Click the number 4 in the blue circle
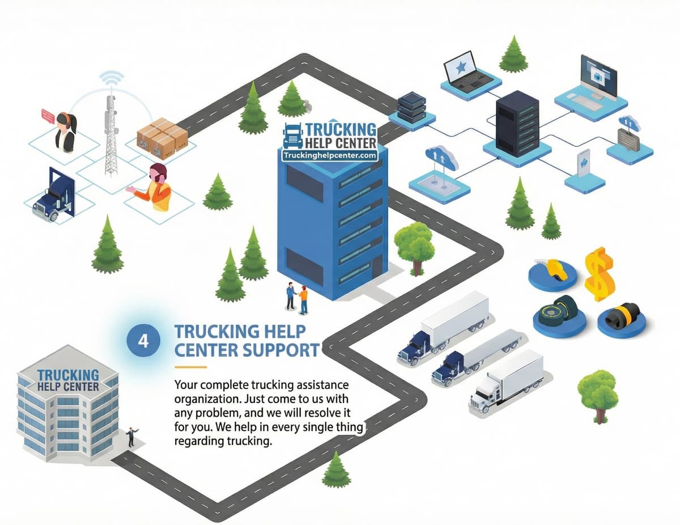click(143, 341)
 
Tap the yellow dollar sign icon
click(598, 274)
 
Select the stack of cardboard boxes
click(161, 138)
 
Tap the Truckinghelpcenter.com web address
click(329, 154)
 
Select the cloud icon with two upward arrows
click(441, 160)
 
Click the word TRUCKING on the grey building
click(67, 375)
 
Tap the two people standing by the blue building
click(297, 298)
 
